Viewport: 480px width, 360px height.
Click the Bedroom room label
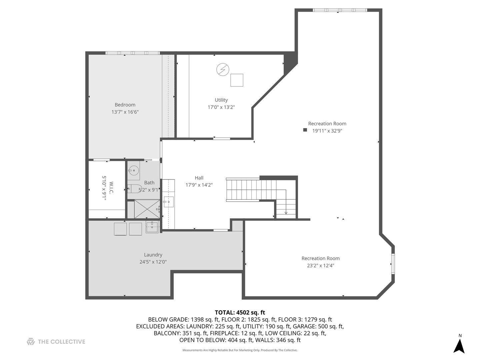[125, 105]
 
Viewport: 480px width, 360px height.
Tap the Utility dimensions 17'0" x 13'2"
[221, 107]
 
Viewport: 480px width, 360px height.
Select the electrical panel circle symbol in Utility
[223, 70]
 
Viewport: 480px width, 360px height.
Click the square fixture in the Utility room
[237, 80]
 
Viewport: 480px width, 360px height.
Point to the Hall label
[199, 178]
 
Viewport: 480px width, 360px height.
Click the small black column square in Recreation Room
[305, 130]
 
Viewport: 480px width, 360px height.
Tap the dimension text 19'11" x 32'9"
[327, 131]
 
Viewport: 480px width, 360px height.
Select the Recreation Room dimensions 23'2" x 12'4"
[320, 266]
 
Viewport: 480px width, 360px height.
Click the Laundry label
[153, 255]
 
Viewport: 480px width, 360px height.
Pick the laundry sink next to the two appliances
[152, 227]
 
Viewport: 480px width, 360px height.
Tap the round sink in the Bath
[133, 170]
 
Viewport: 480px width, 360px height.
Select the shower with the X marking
[147, 209]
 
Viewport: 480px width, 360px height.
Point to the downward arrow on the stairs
[286, 212]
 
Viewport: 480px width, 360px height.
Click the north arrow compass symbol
[459, 346]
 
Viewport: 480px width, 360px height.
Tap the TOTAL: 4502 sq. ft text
[240, 312]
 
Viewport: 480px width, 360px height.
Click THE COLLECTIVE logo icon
[31, 341]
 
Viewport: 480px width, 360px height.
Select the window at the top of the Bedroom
[133, 53]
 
